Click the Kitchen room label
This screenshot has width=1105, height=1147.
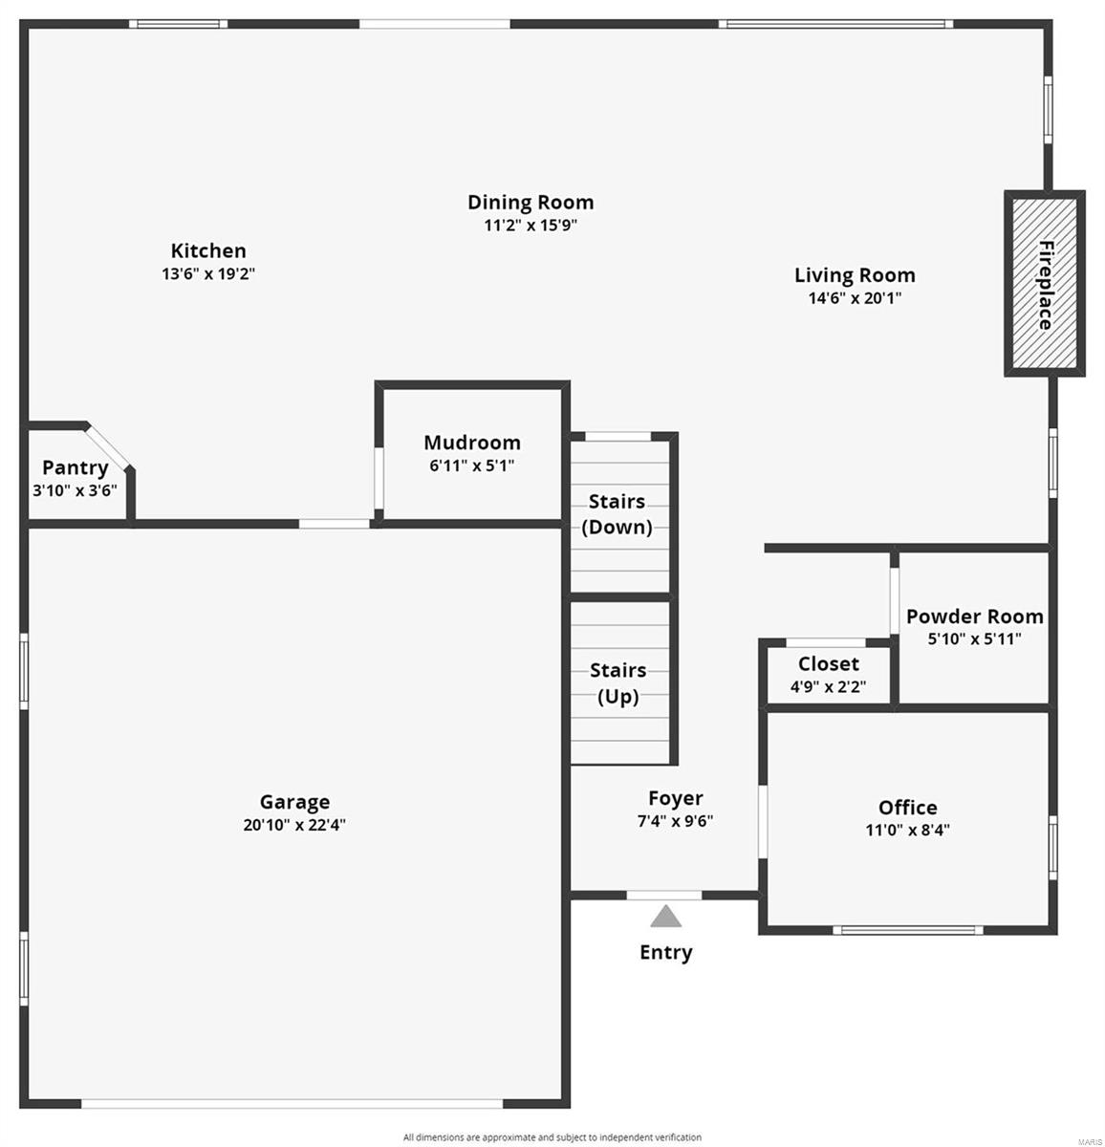[208, 251]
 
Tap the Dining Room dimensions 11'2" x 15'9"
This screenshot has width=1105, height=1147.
[531, 227]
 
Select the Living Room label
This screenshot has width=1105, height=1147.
[855, 275]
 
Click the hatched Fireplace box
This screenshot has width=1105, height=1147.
[1044, 284]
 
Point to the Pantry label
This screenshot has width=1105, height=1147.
[75, 467]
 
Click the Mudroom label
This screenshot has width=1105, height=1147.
[472, 443]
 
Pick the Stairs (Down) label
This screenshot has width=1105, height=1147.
[617, 514]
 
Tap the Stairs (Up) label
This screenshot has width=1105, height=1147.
[617, 683]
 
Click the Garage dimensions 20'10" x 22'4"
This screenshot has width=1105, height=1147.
[294, 825]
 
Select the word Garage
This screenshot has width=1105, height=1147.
[294, 802]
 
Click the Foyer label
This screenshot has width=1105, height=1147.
[675, 798]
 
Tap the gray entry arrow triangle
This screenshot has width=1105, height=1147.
[666, 918]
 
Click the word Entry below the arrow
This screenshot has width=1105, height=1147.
[666, 952]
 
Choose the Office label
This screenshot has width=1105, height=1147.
[907, 808]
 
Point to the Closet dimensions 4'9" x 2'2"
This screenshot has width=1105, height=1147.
[828, 686]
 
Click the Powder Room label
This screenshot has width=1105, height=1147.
[974, 617]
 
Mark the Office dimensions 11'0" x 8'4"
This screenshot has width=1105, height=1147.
[907, 831]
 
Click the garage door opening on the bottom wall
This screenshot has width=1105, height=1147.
[292, 1103]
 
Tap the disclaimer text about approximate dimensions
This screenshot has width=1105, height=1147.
[552, 1137]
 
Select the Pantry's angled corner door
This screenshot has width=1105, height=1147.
[107, 447]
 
